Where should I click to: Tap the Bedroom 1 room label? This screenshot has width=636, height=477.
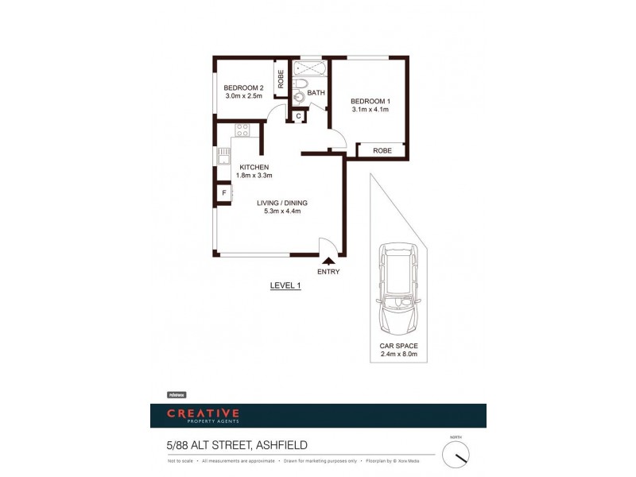370,101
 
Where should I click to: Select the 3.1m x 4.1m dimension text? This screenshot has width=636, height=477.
370,110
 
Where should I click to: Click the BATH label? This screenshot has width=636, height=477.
316,93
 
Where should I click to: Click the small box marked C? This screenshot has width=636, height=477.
298,117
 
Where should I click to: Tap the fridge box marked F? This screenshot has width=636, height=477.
223,193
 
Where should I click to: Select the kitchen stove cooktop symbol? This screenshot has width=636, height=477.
242,130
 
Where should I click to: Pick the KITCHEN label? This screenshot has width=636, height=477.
254,167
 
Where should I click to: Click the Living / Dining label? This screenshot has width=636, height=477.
281,203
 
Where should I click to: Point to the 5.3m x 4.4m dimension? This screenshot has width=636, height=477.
281,211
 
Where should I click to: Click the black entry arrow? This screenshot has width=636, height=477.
328,259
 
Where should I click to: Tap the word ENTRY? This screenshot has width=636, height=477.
328,272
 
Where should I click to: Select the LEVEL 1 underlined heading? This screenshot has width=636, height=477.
285,286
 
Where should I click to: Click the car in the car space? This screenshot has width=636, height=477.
398,288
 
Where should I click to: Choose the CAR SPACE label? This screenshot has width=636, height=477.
398,346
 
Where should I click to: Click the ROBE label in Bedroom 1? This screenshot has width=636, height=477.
382,150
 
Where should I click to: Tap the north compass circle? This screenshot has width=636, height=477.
456,455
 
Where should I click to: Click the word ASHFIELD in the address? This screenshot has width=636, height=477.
277,445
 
